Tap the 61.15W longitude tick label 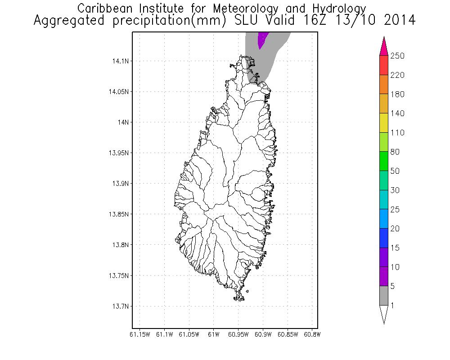[x=139, y=334]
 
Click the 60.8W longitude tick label [x=312, y=334]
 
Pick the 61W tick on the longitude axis [x=214, y=334]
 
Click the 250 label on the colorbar [x=397, y=56]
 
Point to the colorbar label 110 [x=397, y=133]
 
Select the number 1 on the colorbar [x=392, y=306]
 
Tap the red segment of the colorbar [x=384, y=65]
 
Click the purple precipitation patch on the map [x=261, y=39]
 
